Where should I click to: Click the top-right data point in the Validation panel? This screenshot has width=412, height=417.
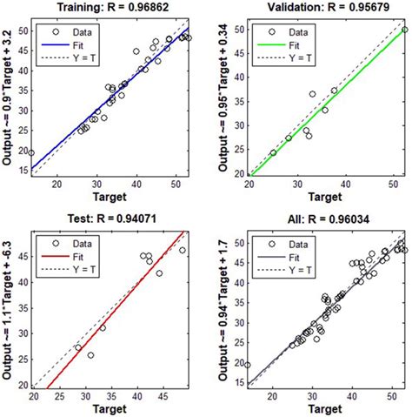coord(403,30)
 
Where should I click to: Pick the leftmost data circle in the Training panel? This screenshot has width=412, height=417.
coord(31,153)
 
